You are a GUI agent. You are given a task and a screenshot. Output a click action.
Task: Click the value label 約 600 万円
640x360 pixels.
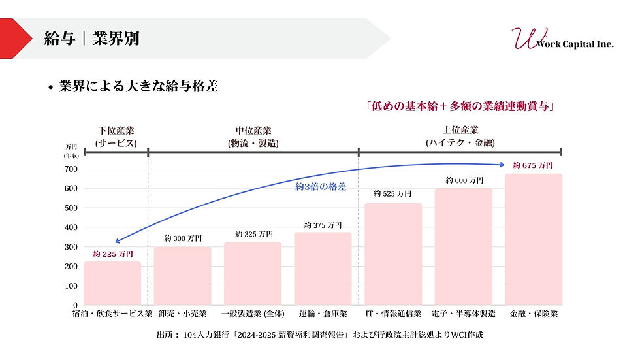click(x=464, y=180)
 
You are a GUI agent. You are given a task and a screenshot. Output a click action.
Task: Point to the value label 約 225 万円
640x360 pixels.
click(x=112, y=254)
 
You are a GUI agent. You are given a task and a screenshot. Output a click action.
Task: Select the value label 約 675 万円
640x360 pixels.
click(x=533, y=165)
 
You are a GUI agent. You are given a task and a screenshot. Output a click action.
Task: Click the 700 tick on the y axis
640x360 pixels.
click(x=71, y=169)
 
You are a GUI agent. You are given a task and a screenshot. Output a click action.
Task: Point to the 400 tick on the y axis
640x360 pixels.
click(x=71, y=228)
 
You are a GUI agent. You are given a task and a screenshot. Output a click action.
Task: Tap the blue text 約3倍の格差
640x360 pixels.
click(x=320, y=187)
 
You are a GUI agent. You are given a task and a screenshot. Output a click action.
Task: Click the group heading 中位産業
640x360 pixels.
click(x=253, y=130)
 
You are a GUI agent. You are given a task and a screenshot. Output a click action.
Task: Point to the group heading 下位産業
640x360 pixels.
click(x=116, y=130)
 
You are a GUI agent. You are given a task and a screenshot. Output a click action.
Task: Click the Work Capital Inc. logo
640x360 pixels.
click(x=561, y=40)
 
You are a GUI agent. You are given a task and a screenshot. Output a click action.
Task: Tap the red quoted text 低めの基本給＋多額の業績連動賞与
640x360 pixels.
click(x=461, y=106)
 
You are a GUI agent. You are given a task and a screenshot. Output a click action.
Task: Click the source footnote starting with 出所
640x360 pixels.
click(x=319, y=335)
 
